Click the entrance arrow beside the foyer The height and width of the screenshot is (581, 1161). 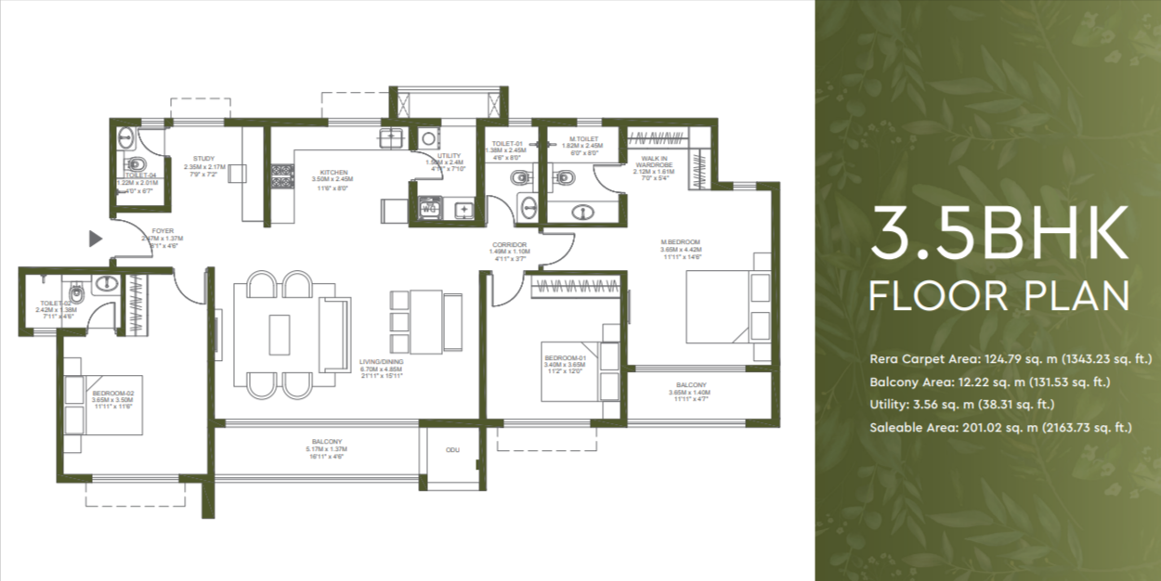tap(95, 239)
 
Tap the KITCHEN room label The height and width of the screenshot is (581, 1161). tap(333, 173)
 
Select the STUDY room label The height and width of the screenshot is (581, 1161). tap(203, 159)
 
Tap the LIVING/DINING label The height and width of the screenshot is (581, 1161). tap(382, 363)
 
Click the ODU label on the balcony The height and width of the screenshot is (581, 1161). tap(453, 449)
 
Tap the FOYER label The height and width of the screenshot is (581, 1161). tap(163, 231)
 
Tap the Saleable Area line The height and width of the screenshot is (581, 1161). tap(1001, 428)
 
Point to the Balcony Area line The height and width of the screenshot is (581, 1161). tap(990, 381)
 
